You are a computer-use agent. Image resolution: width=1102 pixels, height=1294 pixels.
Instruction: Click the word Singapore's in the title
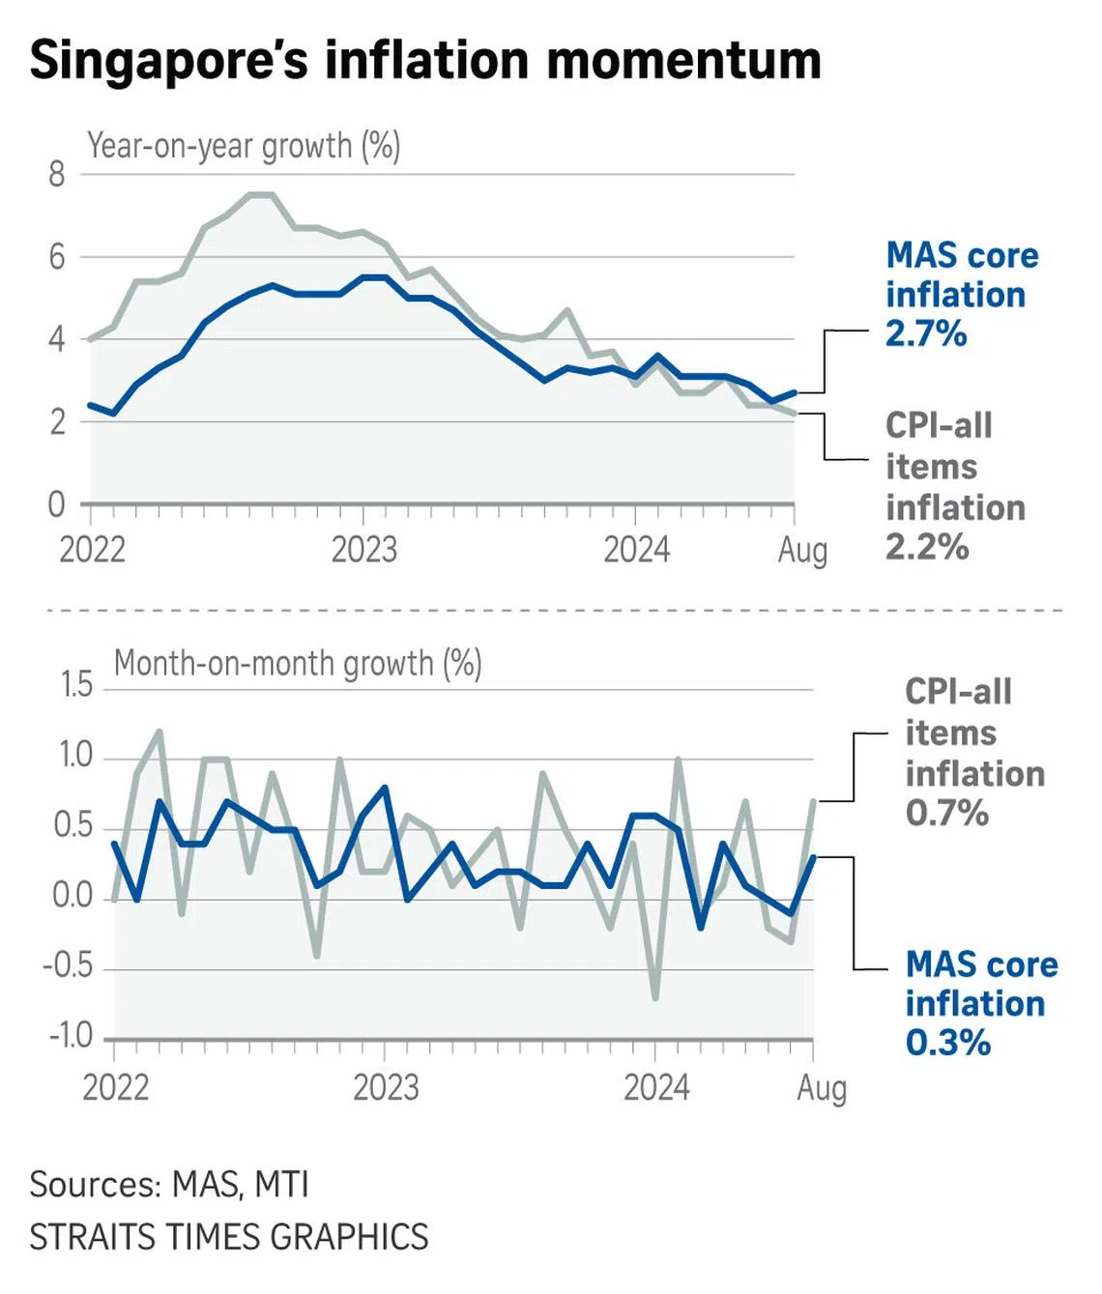170,60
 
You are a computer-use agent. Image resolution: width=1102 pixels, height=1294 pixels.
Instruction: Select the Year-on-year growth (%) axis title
244,146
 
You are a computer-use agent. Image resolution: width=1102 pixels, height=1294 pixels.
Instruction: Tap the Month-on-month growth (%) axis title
298,664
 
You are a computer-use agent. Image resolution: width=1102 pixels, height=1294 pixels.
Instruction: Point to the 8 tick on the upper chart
57,175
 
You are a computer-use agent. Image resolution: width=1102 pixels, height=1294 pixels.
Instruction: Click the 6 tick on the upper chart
57,257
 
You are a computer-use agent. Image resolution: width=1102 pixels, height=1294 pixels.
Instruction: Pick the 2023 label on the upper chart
364,550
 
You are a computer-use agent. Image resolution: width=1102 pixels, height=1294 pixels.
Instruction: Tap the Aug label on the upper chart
802,550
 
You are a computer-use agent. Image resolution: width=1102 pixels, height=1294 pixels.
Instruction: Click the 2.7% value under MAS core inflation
926,333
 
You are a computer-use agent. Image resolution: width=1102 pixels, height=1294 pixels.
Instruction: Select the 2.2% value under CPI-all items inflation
926,547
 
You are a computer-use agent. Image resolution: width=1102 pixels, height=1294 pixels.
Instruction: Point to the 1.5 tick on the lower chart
76,685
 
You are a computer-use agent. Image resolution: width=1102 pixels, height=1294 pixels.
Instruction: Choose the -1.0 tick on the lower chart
71,1036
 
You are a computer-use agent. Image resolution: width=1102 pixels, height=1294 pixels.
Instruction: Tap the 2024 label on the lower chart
656,1088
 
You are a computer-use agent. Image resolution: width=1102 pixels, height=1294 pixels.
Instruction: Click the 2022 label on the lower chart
116,1088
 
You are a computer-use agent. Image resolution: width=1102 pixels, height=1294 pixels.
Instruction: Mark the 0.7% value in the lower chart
946,813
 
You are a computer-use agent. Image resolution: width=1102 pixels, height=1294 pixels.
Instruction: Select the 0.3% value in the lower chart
948,1043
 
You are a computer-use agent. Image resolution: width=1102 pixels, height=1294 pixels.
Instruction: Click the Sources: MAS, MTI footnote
169,1185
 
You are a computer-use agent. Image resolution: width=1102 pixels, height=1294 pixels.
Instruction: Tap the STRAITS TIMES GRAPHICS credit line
229,1237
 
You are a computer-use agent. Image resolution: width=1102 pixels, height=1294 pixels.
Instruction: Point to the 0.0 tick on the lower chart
72,896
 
